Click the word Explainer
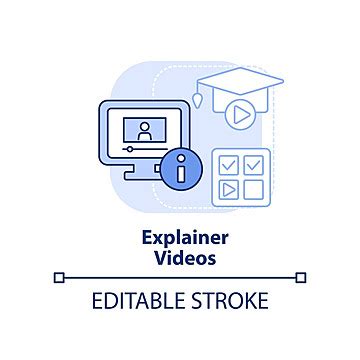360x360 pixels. pos(179,238)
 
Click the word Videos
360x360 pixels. pos(179,256)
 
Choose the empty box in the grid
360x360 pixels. pos(255,189)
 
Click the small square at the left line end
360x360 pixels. pos(59,277)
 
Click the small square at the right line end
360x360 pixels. pos(301,277)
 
